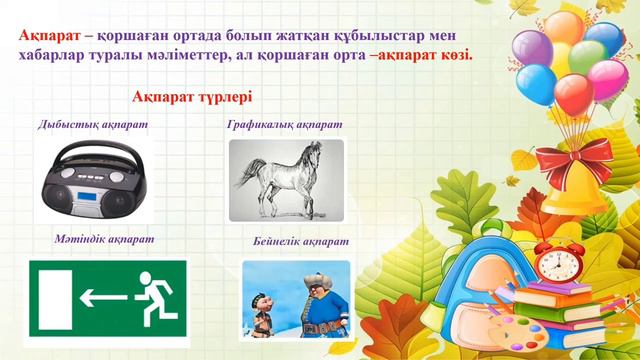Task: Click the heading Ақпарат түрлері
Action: pyautogui.click(x=192, y=97)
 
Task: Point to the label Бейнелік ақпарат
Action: pyautogui.click(x=301, y=242)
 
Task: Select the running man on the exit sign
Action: pyautogui.click(x=149, y=295)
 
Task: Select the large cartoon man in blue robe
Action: pyautogui.click(x=319, y=306)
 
